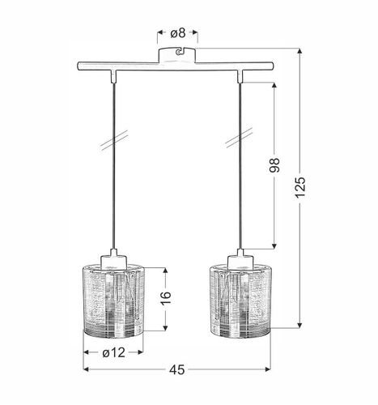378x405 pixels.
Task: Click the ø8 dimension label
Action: [x=177, y=33]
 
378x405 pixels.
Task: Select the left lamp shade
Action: [x=113, y=300]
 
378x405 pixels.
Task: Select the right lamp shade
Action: [x=242, y=300]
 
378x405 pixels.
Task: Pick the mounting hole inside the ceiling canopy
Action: [x=177, y=54]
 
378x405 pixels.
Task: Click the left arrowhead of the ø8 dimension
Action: [x=159, y=33]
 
